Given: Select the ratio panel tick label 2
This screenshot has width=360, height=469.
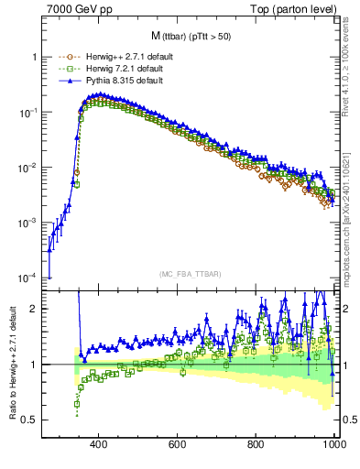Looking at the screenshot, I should click(34, 309).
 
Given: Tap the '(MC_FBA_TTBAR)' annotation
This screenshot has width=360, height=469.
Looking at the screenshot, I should click(191, 275).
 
